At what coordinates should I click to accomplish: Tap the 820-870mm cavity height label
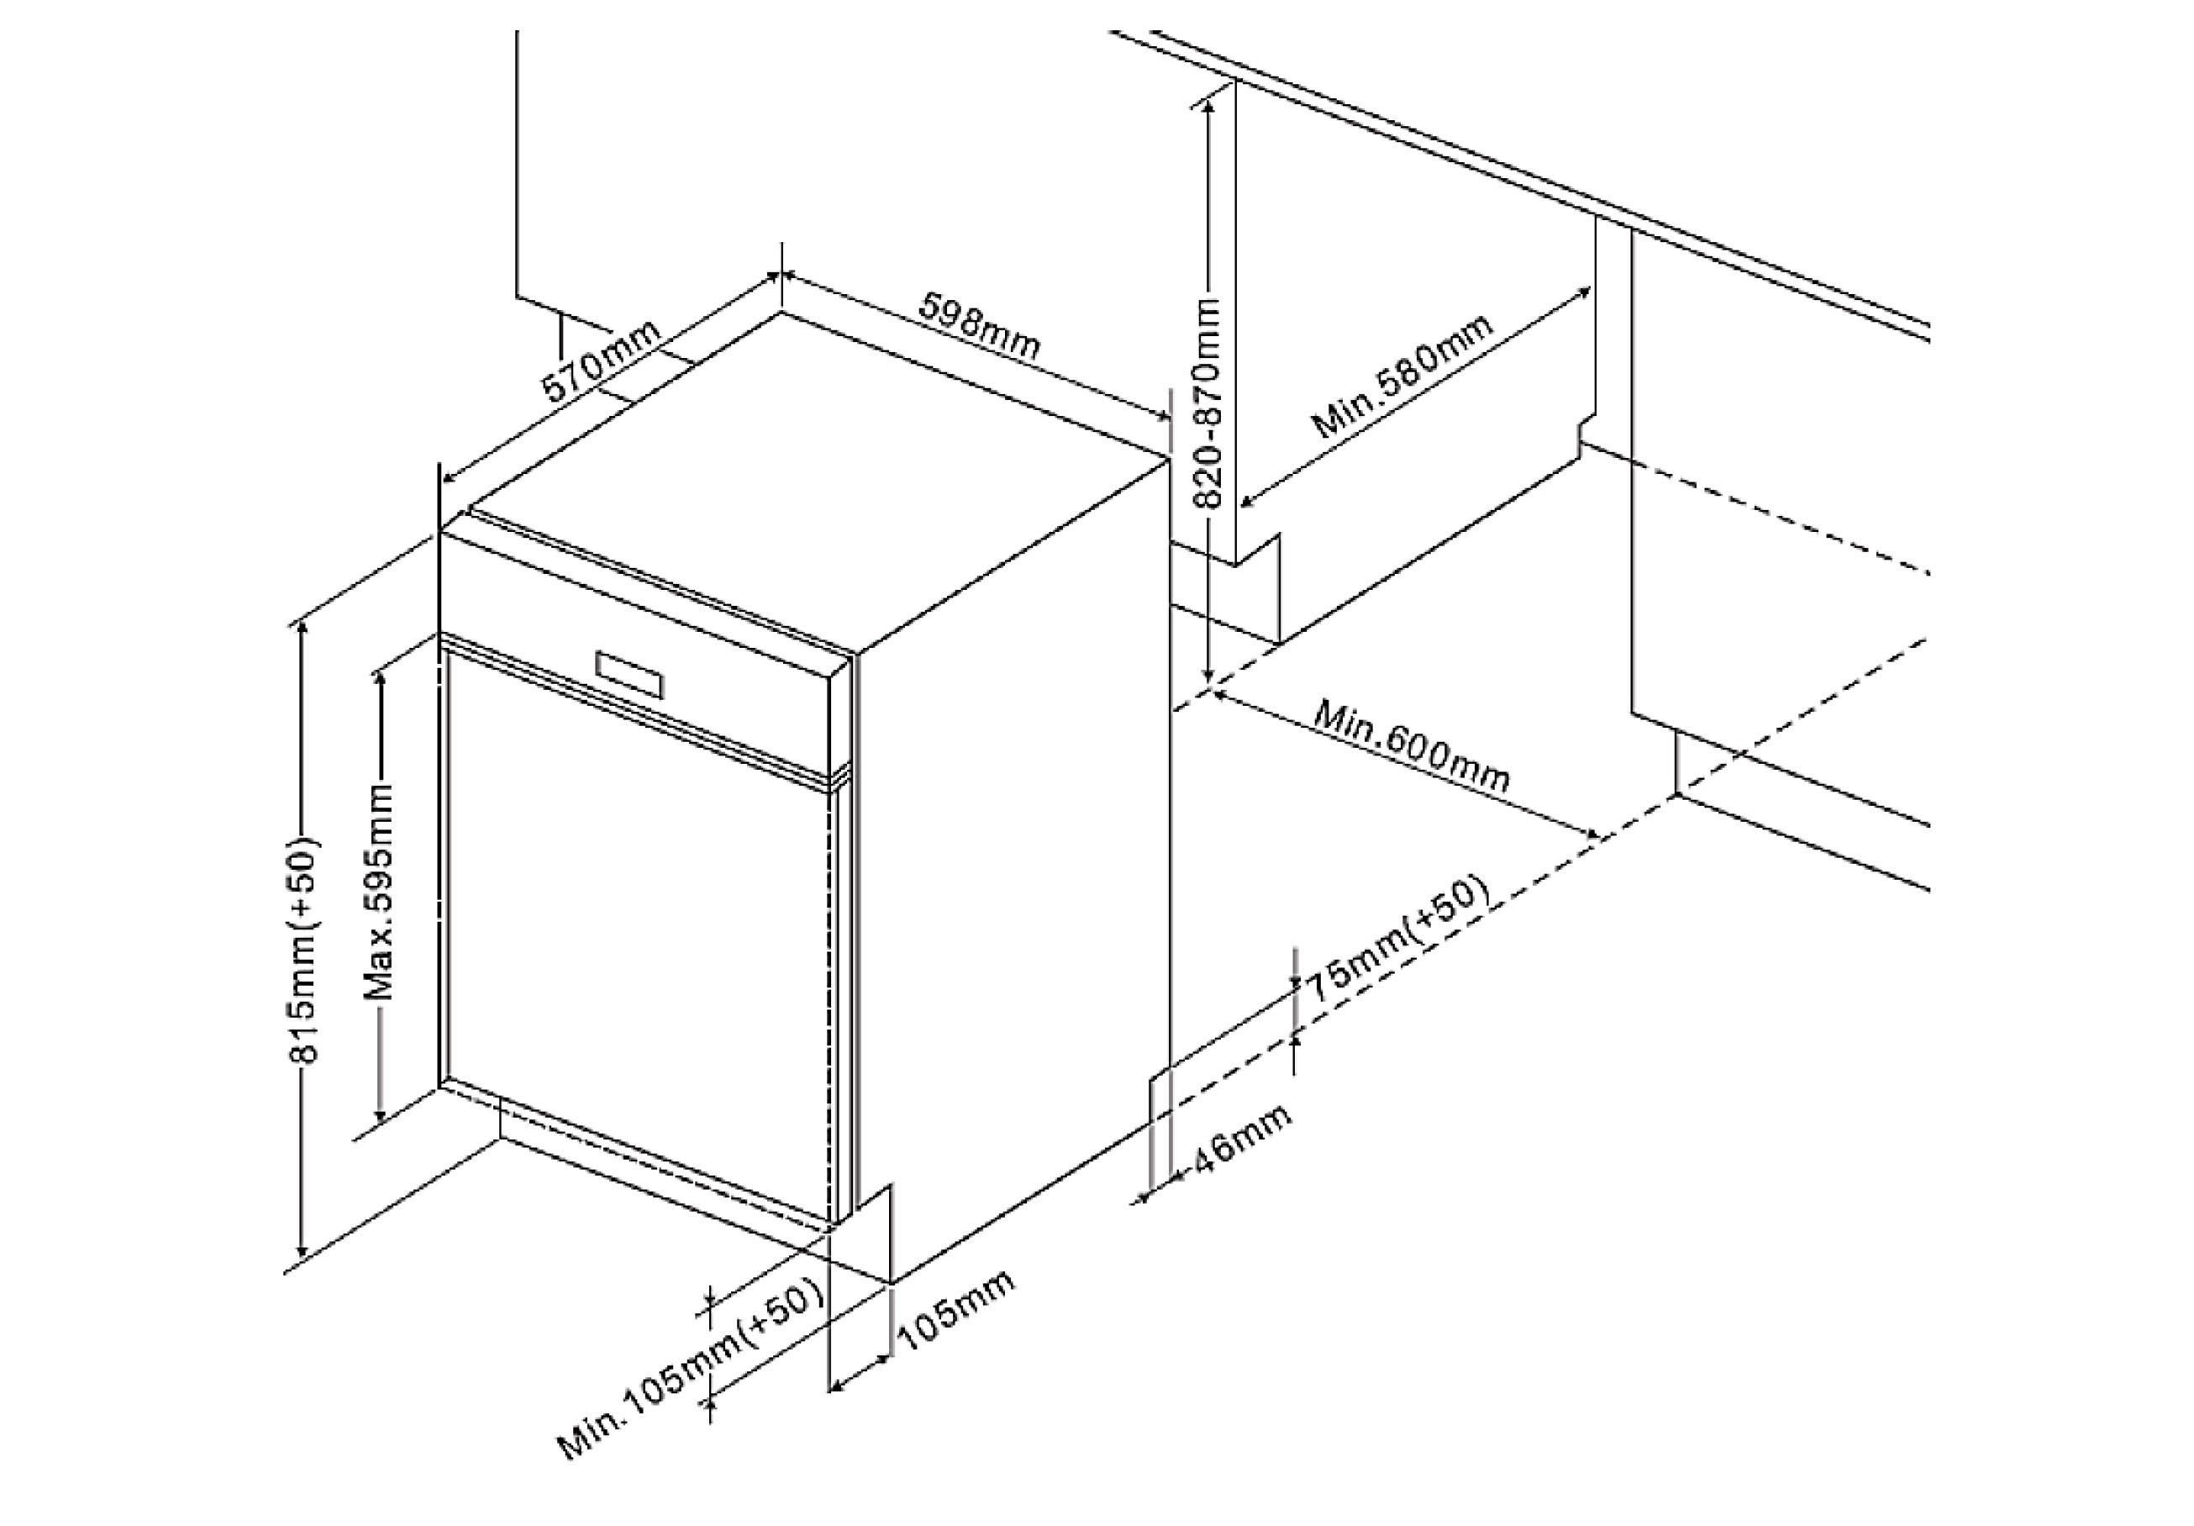pyautogui.click(x=1209, y=416)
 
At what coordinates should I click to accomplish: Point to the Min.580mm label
pyautogui.click(x=1402, y=376)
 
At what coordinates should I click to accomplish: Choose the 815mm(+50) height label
pyautogui.click(x=304, y=950)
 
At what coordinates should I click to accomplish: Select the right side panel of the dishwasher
pyautogui.click(x=1013, y=860)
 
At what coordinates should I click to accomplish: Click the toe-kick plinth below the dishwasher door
pyautogui.click(x=660, y=1176)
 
